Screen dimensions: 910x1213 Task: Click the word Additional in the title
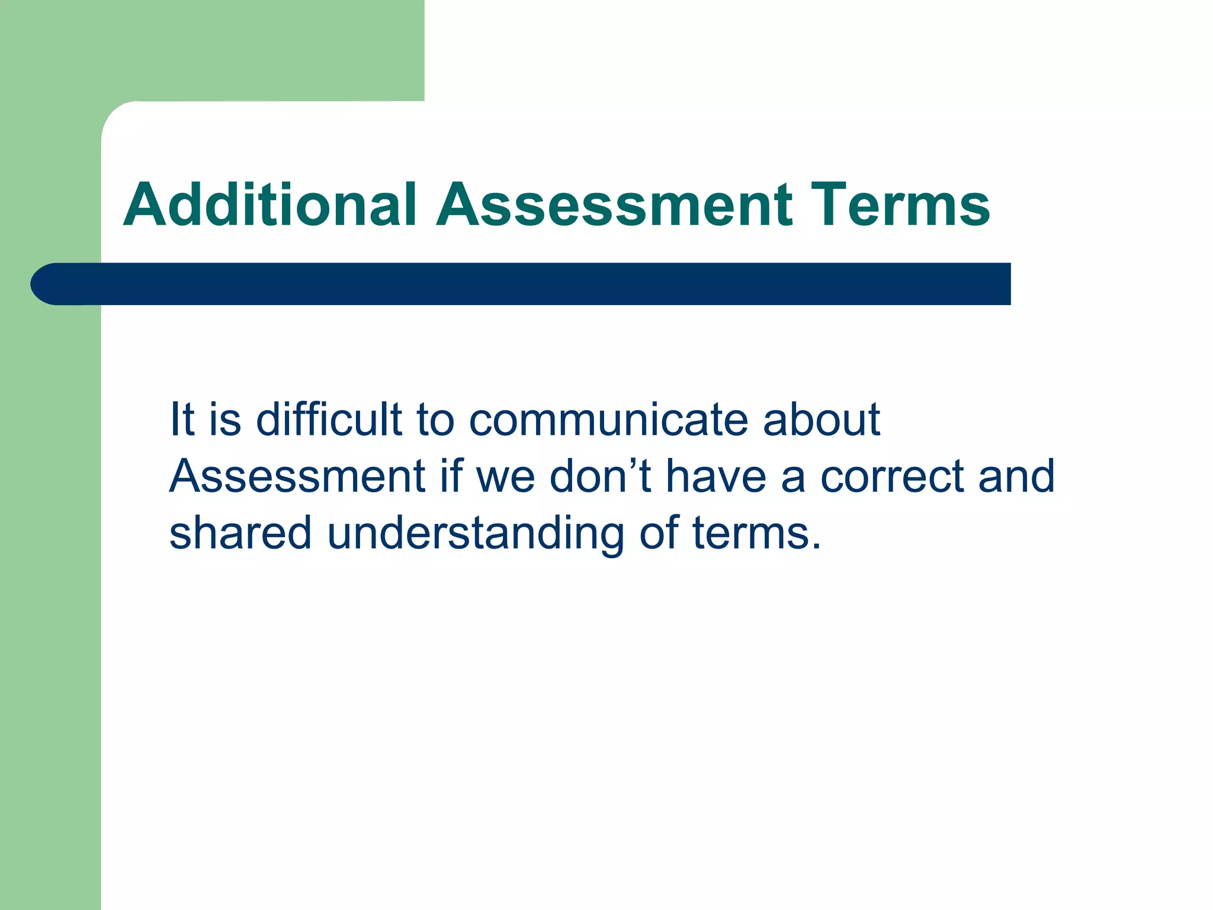click(270, 205)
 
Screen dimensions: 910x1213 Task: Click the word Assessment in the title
click(614, 205)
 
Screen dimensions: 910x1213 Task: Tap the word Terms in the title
click(900, 205)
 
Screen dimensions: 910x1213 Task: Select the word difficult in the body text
click(329, 419)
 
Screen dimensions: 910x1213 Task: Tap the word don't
click(600, 476)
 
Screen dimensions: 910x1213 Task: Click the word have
click(716, 476)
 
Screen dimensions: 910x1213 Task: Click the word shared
click(240, 533)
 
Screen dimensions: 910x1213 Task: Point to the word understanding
click(475, 533)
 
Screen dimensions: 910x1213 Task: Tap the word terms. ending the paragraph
click(756, 533)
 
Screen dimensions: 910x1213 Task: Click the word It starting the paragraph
click(182, 419)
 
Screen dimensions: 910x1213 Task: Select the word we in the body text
click(505, 476)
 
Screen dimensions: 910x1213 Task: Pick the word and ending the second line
click(1016, 476)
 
